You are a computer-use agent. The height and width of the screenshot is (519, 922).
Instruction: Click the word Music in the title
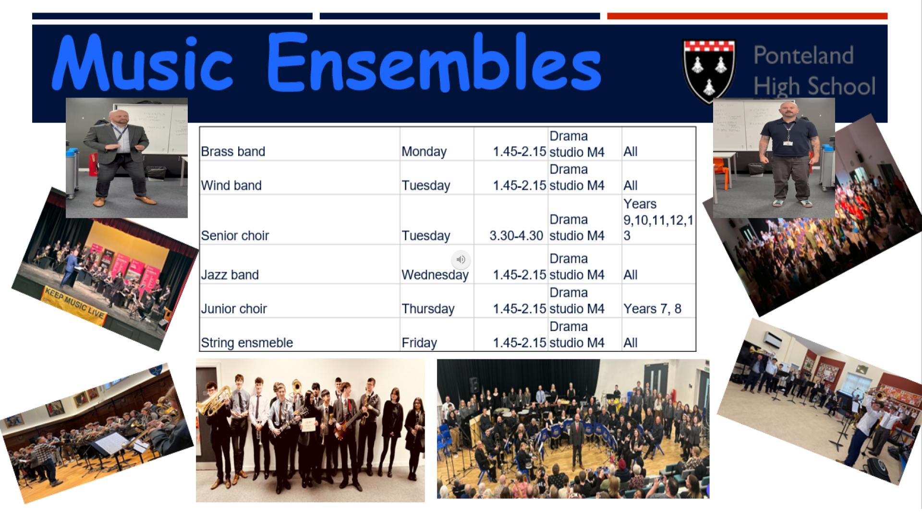pyautogui.click(x=143, y=62)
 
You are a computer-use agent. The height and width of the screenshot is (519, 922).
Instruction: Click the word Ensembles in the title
pyautogui.click(x=434, y=62)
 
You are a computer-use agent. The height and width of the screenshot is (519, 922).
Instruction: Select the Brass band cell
pyautogui.click(x=300, y=144)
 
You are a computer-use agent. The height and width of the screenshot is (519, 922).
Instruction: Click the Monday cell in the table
pyautogui.click(x=437, y=144)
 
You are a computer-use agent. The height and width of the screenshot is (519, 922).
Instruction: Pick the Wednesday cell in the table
pyautogui.click(x=437, y=264)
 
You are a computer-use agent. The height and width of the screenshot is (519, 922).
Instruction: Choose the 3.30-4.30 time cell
pyautogui.click(x=511, y=220)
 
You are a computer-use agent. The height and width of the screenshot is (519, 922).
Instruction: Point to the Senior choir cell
pyautogui.click(x=300, y=220)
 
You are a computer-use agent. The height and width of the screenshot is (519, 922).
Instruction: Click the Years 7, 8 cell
pyautogui.click(x=659, y=300)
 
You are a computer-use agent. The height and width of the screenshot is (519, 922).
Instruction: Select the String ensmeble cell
pyautogui.click(x=300, y=334)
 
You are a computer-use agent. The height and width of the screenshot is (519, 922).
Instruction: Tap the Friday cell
pyautogui.click(x=437, y=334)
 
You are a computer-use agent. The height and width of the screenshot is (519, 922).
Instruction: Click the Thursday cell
pyautogui.click(x=437, y=300)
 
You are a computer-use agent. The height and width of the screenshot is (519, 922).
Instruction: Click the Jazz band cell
pyautogui.click(x=300, y=264)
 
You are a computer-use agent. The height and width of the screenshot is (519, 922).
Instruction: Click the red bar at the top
pyautogui.click(x=747, y=16)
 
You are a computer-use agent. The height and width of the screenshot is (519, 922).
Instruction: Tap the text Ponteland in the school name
pyautogui.click(x=803, y=56)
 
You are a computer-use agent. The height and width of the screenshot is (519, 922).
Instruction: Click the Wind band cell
pyautogui.click(x=300, y=177)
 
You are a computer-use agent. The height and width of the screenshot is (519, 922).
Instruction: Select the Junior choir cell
pyautogui.click(x=300, y=300)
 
